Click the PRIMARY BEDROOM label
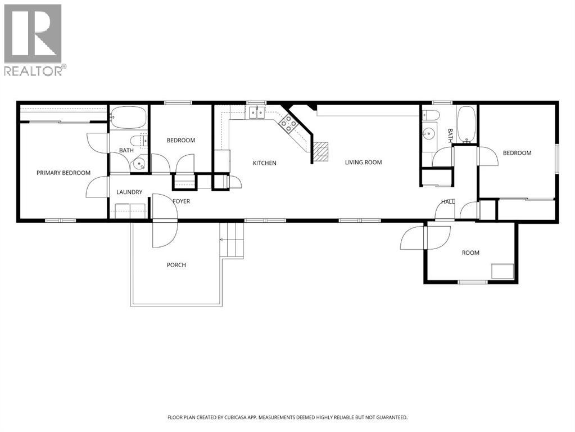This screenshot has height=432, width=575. point(64,173)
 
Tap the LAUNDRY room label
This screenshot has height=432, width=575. point(129,192)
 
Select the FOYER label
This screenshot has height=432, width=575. point(181,201)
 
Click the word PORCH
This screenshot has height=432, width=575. point(176,265)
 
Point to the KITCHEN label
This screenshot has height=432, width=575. point(264,163)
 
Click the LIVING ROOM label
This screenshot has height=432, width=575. point(363,163)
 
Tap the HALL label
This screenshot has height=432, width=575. point(448,201)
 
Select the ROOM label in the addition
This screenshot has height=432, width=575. point(470,253)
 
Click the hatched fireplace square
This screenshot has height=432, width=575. point(320,151)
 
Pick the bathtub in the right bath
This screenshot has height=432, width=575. point(466,124)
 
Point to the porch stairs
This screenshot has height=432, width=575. point(233,240)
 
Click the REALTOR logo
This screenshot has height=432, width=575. point(33,39)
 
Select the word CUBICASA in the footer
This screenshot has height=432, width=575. point(247,417)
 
